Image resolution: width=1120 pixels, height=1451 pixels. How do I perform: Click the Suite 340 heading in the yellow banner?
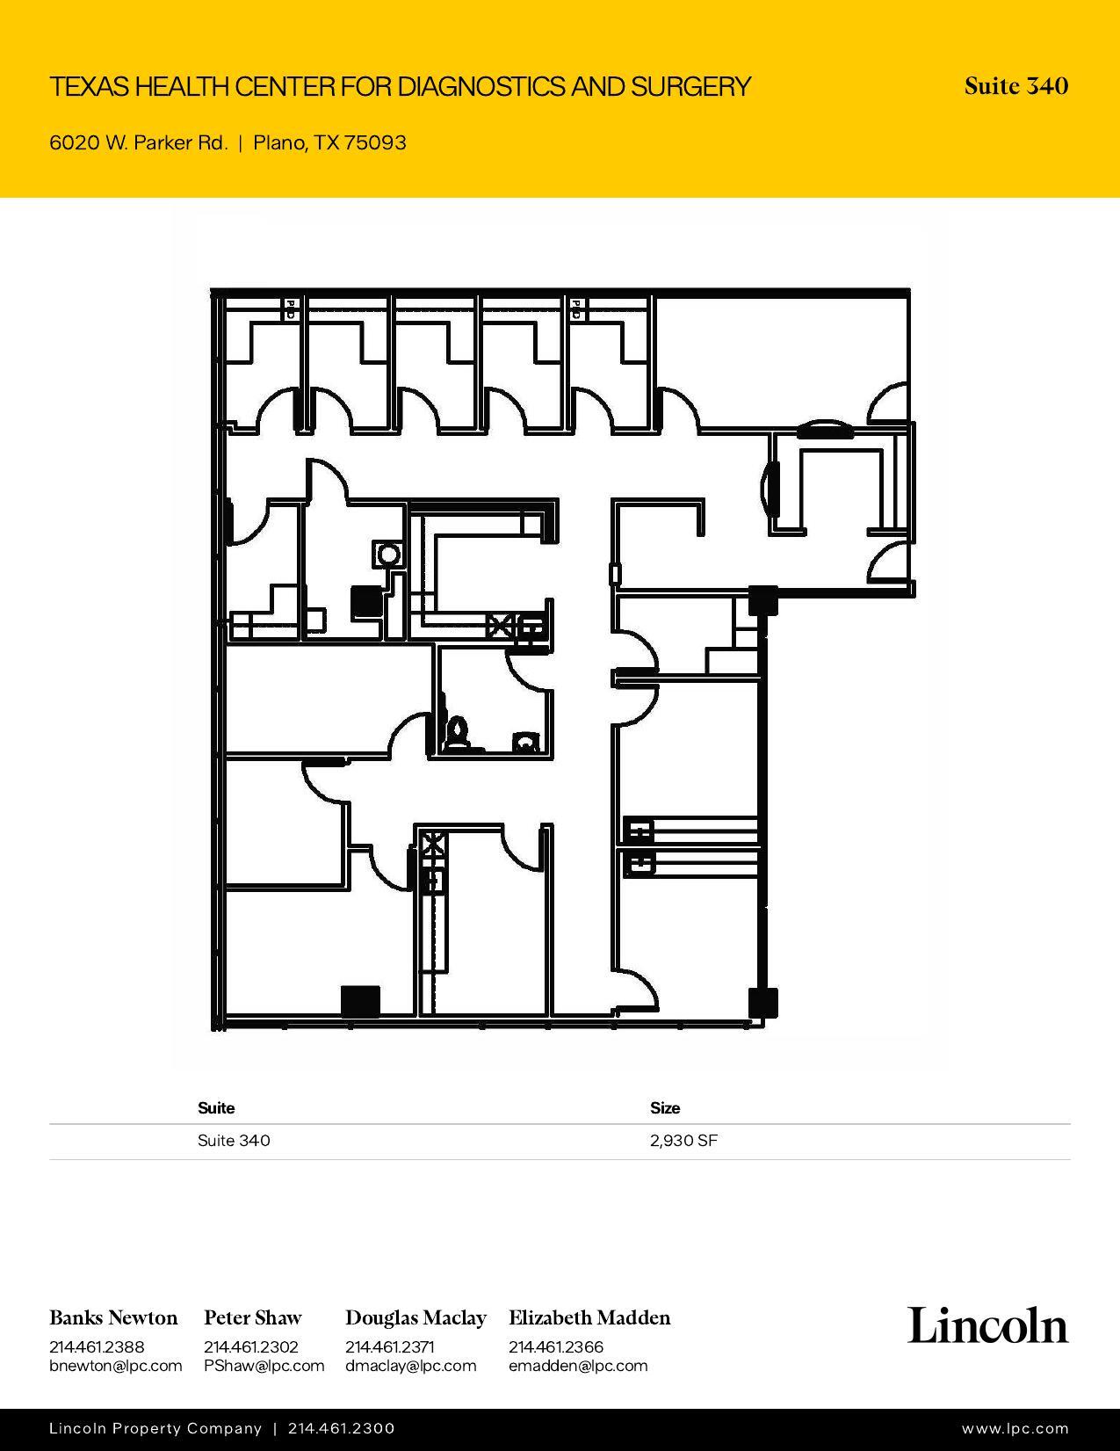[x=1015, y=86]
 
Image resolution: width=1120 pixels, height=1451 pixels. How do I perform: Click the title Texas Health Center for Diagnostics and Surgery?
[x=400, y=86]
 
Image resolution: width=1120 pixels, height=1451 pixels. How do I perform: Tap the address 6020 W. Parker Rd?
[x=139, y=142]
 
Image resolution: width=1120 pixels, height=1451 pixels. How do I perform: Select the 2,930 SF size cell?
[x=683, y=1141]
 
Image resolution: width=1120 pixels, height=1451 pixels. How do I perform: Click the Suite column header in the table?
[x=216, y=1107]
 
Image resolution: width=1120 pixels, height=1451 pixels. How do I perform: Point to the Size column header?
[x=665, y=1107]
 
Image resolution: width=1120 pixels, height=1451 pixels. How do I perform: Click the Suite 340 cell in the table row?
[x=234, y=1141]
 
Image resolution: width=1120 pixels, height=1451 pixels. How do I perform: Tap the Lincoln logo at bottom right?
[x=987, y=1325]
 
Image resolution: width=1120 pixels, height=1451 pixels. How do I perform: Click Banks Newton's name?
[x=113, y=1317]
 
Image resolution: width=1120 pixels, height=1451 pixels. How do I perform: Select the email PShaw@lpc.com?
[x=264, y=1366]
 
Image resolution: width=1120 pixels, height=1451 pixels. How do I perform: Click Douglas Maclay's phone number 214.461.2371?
[x=389, y=1346]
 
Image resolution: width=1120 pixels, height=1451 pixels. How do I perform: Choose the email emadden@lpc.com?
[x=578, y=1366]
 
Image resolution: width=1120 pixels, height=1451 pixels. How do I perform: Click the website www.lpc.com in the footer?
[x=1015, y=1429]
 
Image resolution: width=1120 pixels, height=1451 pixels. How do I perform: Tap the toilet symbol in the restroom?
[x=457, y=733]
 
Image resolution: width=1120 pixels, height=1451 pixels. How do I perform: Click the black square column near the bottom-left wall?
[x=360, y=1001]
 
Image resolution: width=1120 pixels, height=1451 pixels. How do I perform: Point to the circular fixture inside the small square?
[x=387, y=555]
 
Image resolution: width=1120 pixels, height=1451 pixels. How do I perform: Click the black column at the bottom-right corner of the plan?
[x=762, y=1003]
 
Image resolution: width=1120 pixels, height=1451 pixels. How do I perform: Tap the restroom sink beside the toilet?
[x=525, y=742]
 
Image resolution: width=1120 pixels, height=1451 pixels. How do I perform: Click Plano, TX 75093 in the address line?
[x=329, y=142]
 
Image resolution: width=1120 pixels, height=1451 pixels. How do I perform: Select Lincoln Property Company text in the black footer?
[x=155, y=1429]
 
